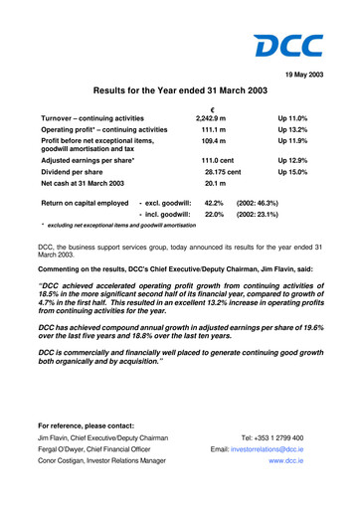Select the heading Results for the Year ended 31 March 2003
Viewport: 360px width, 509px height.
coord(179,92)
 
